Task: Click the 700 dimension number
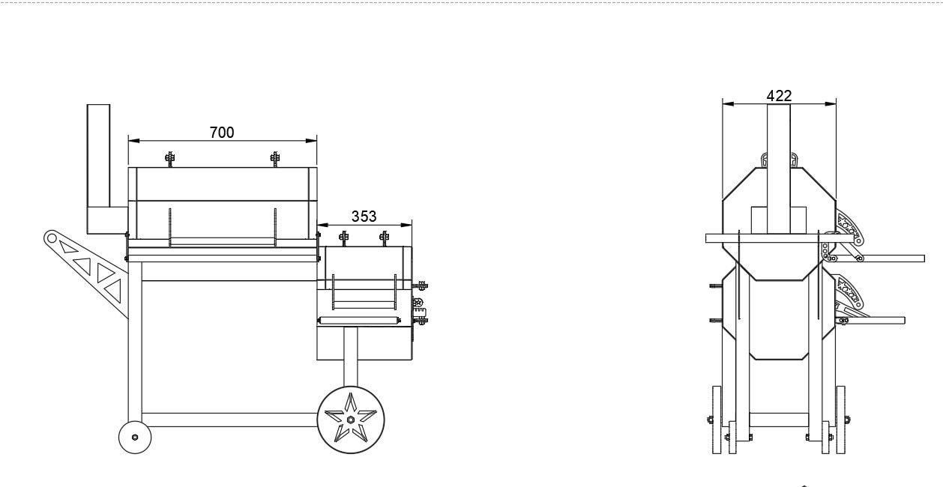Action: tap(222, 133)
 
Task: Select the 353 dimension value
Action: tap(364, 217)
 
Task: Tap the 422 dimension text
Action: tap(779, 96)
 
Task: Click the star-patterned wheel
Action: tap(350, 420)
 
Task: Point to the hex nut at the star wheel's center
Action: tap(350, 421)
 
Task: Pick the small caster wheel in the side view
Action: tap(135, 437)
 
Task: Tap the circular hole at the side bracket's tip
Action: tap(52, 238)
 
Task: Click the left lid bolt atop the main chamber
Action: tap(170, 158)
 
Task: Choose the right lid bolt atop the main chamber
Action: tap(275, 158)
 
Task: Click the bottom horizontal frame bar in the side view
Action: tap(229, 420)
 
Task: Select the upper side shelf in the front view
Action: tap(885, 258)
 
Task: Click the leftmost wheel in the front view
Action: tap(716, 420)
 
